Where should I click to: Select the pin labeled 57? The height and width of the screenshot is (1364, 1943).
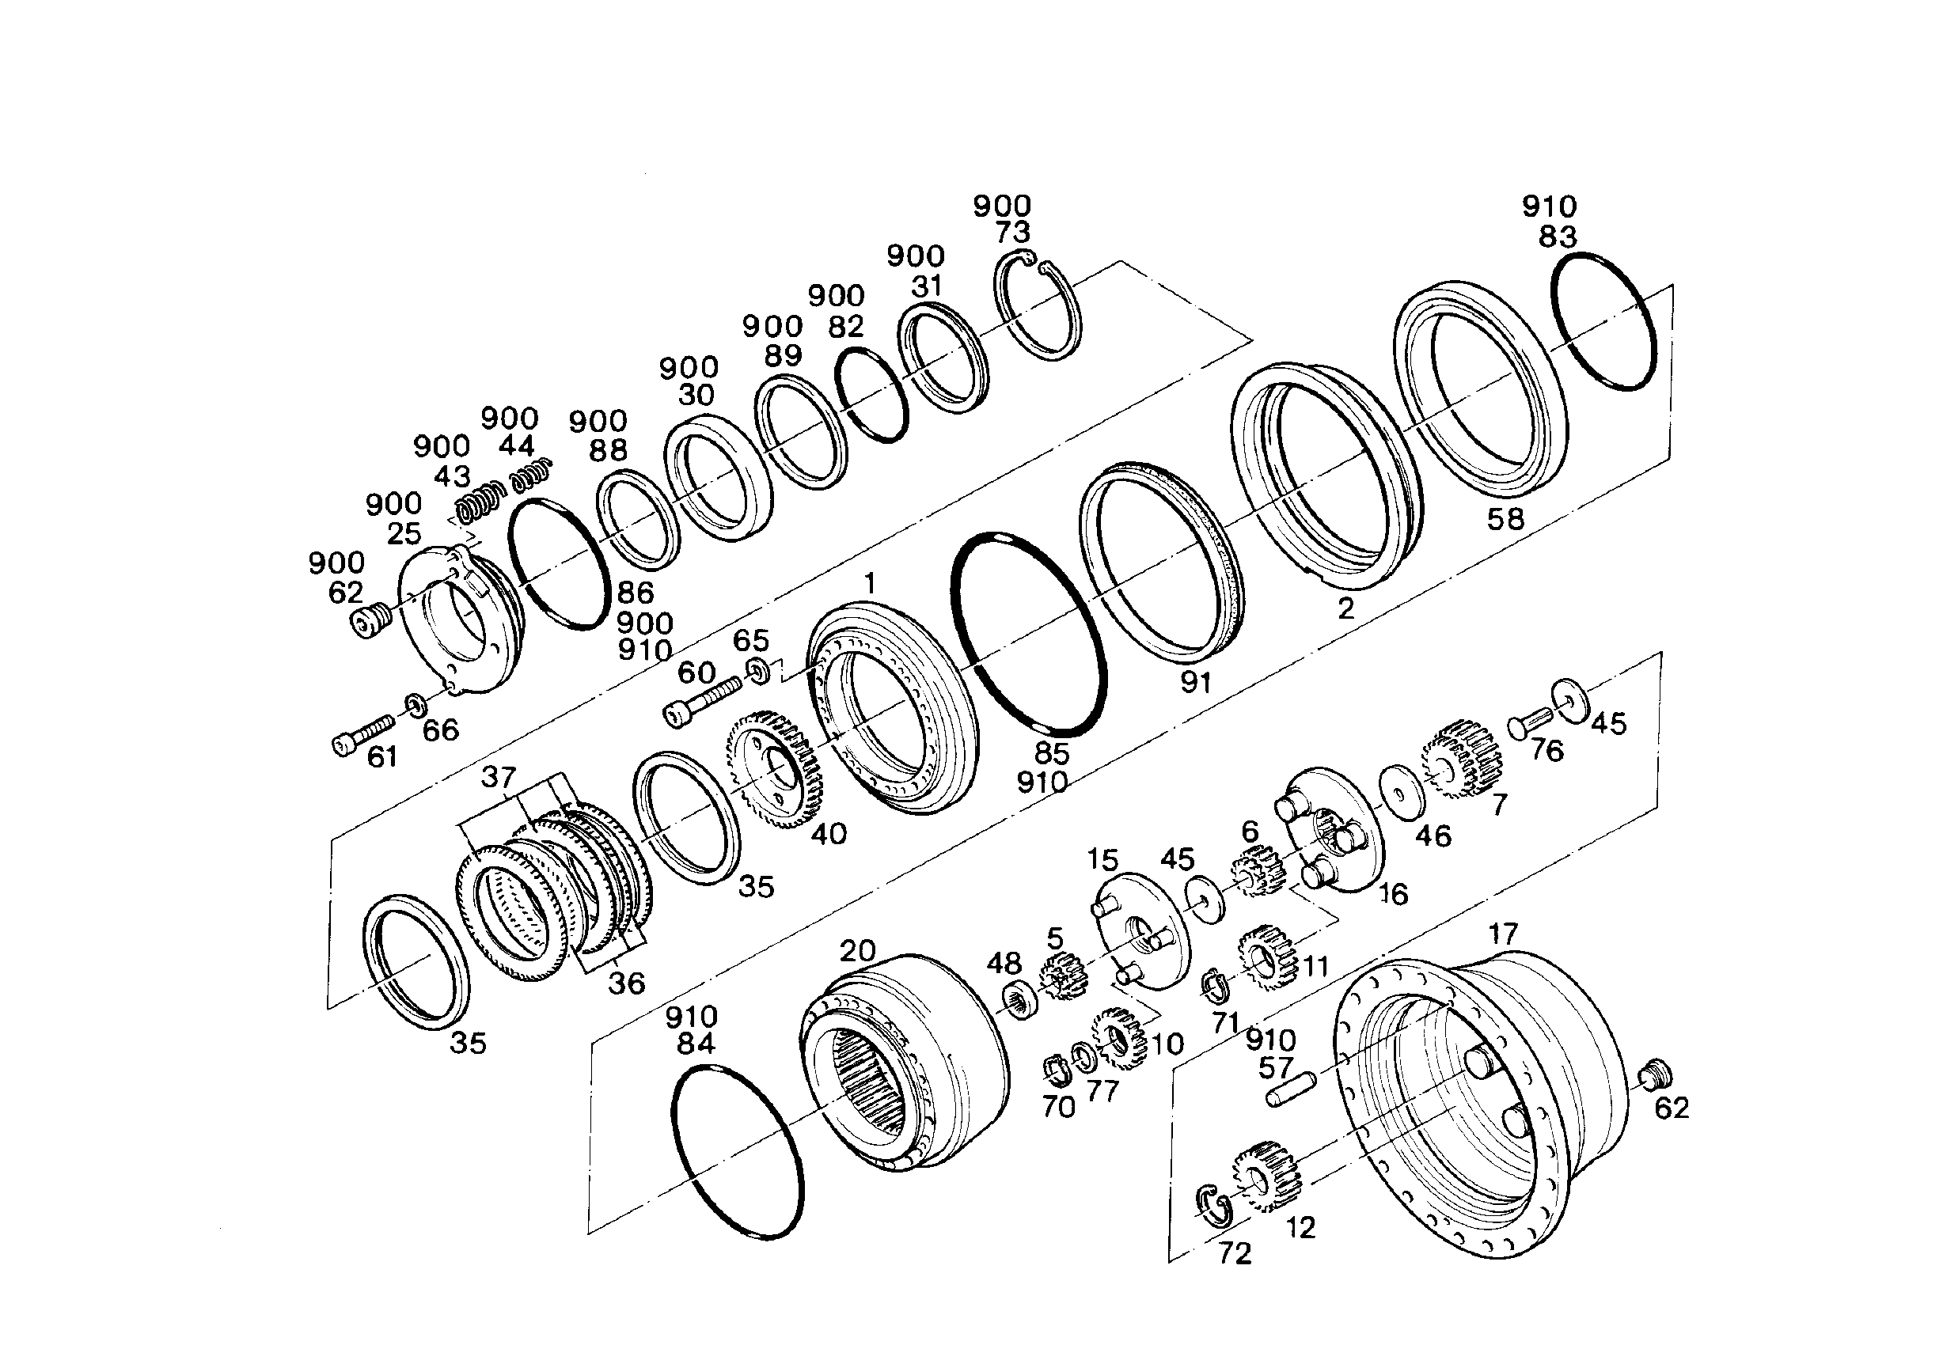click(x=1292, y=1089)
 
